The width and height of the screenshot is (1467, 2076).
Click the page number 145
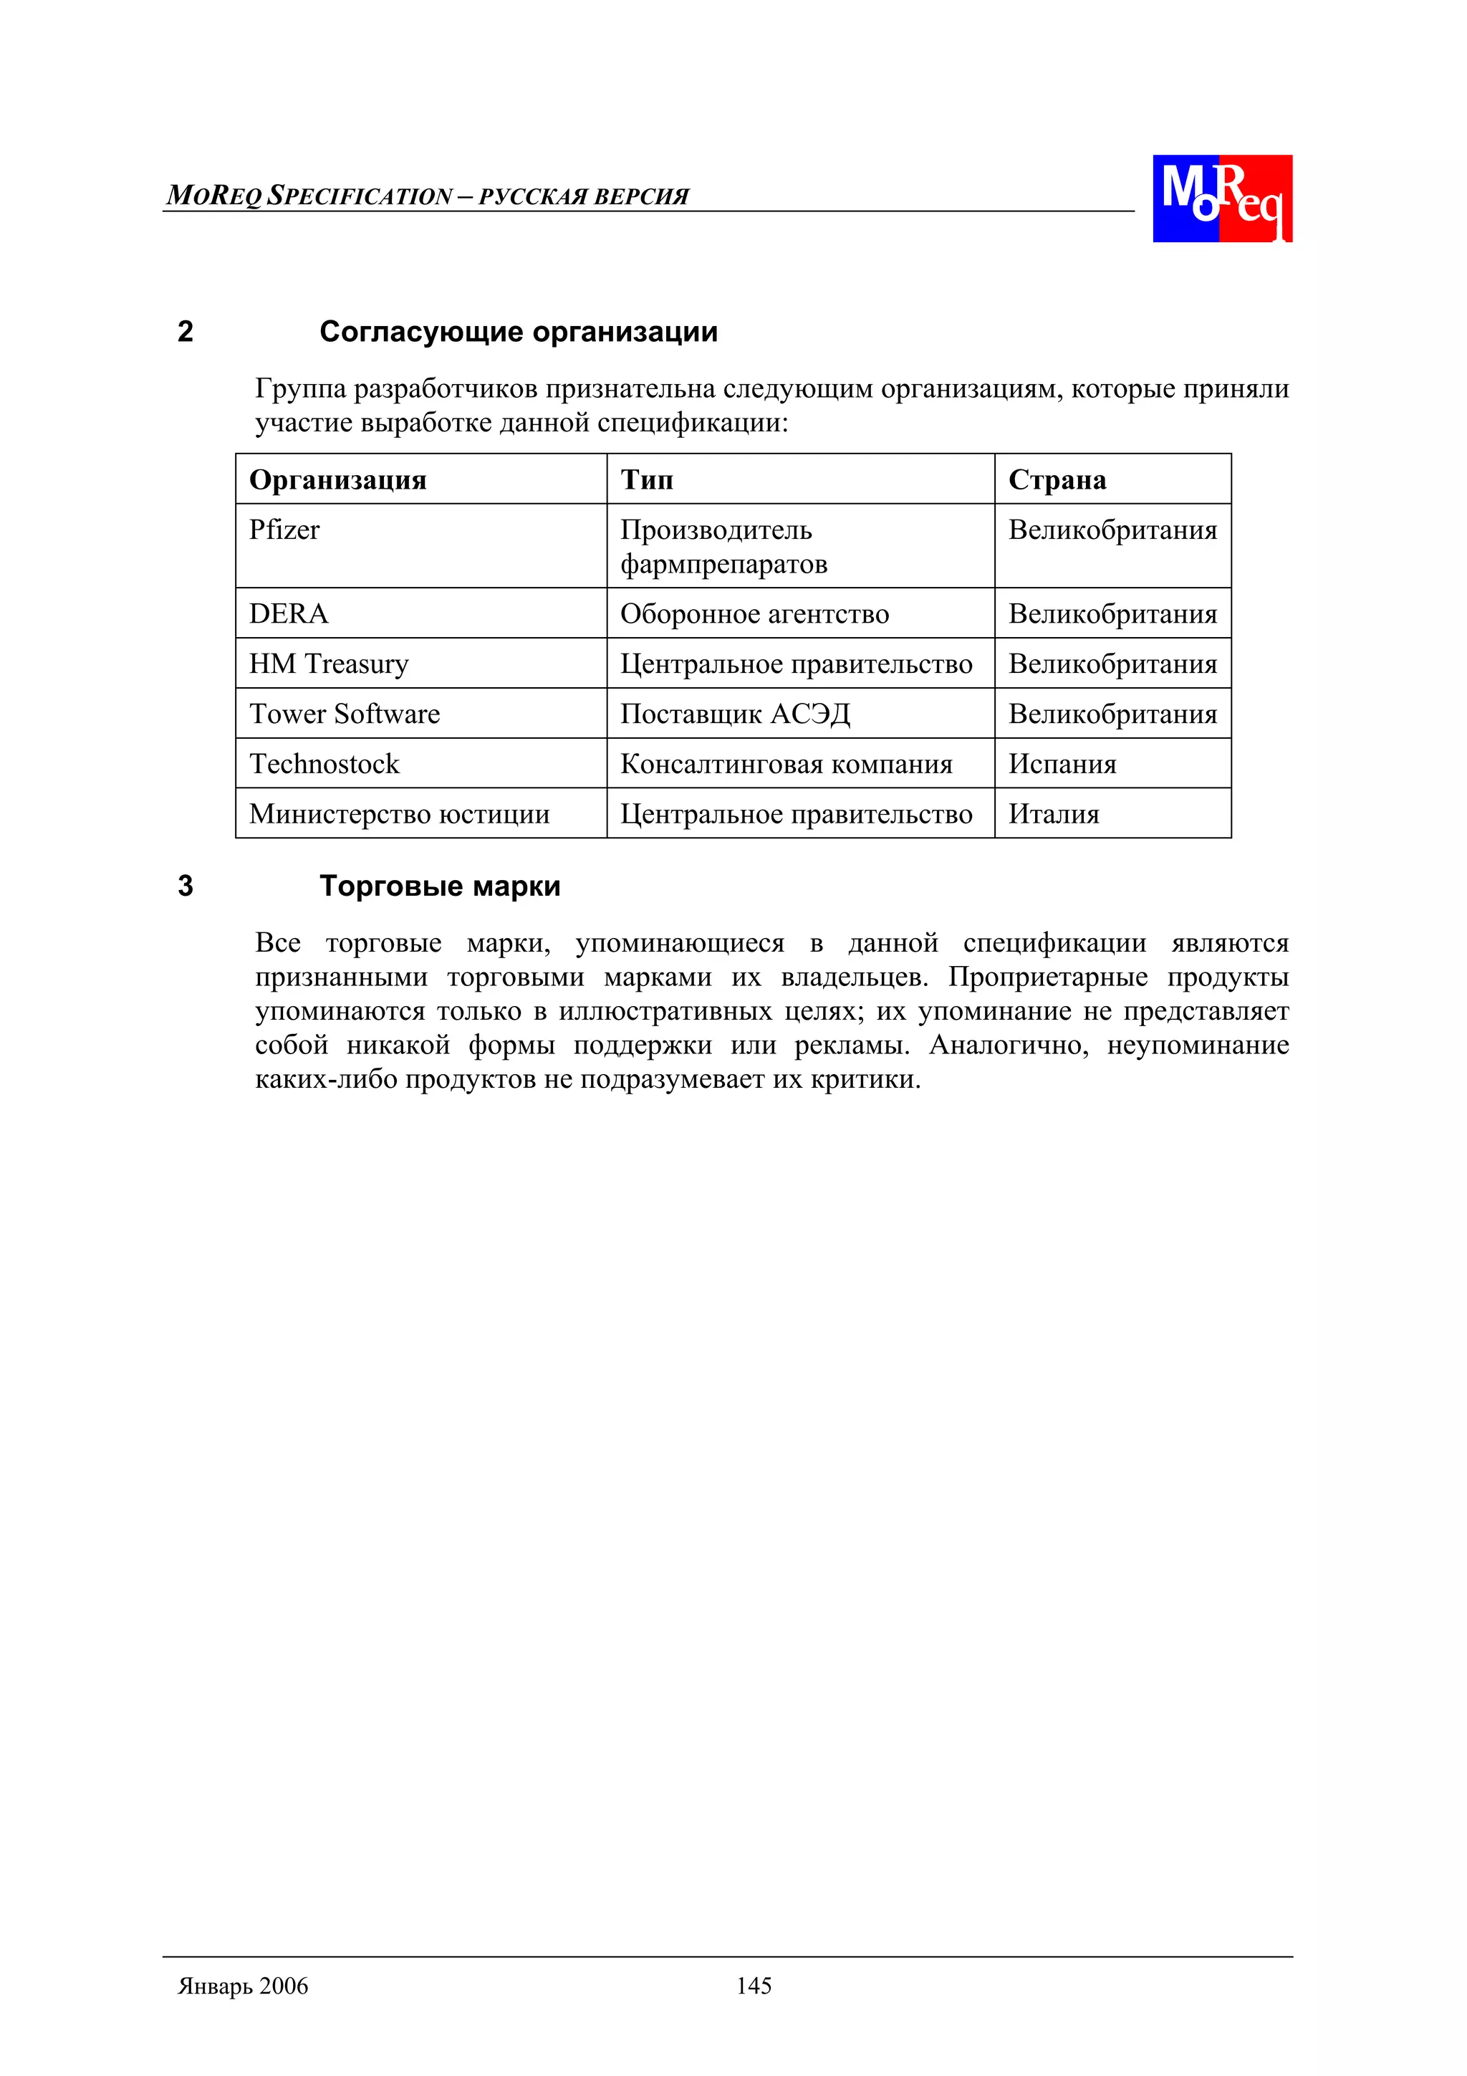click(x=753, y=1986)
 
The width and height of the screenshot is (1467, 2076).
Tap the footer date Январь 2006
click(x=243, y=1986)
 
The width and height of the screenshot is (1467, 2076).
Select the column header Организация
click(x=337, y=479)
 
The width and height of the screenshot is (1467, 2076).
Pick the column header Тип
click(x=646, y=479)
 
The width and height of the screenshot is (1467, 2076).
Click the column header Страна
click(x=1057, y=479)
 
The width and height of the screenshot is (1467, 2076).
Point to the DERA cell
click(x=289, y=614)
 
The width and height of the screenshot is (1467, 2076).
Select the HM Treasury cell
click(x=329, y=664)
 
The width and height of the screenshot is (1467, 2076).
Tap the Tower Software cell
click(x=345, y=714)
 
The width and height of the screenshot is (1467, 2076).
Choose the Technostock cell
click(x=324, y=764)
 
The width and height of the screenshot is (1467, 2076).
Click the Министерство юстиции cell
click(x=400, y=814)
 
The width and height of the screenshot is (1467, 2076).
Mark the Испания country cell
click(x=1062, y=764)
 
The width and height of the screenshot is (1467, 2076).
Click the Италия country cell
click(x=1054, y=814)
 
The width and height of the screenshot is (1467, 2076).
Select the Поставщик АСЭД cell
click(x=735, y=714)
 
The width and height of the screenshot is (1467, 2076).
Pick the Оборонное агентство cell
click(x=754, y=614)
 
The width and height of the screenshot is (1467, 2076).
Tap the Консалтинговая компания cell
click(x=787, y=764)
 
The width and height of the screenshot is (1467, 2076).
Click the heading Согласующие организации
click(x=518, y=332)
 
